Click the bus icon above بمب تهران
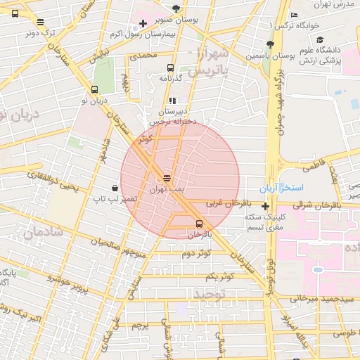click(167, 179)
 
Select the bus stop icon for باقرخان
click(199, 224)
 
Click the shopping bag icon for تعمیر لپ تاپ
click(115, 188)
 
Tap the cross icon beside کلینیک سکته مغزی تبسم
click(265, 207)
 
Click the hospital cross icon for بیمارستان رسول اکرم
click(143, 24)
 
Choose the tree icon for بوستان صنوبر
click(175, 8)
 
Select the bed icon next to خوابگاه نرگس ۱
click(294, 15)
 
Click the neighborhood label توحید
click(209, 292)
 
